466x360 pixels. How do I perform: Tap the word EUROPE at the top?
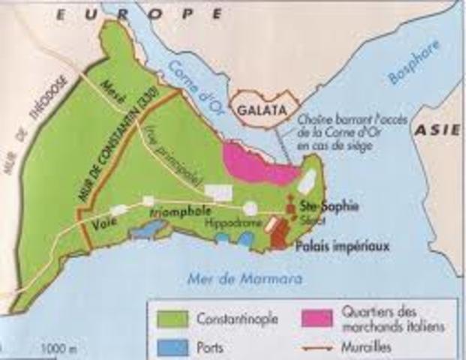[143, 13]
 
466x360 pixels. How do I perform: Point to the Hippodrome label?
[230, 223]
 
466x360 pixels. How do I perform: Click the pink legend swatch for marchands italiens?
[316, 318]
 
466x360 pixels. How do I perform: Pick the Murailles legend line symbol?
[316, 348]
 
